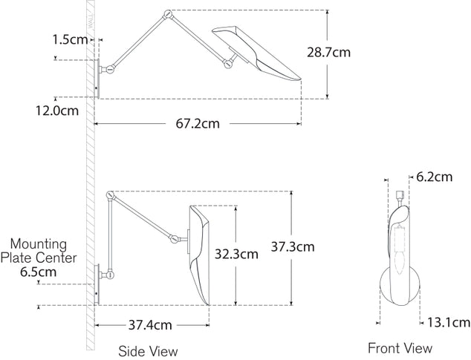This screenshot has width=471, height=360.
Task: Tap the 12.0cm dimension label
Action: point(57,111)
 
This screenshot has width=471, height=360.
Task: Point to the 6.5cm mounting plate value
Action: point(38,272)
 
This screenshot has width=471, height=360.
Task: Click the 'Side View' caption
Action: point(148,350)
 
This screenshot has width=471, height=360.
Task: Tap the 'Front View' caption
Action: point(400,347)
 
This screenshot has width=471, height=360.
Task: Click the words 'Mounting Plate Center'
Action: point(39,251)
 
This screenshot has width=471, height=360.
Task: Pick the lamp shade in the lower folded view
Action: point(199,252)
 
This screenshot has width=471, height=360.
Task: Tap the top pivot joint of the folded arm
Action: point(111,195)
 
